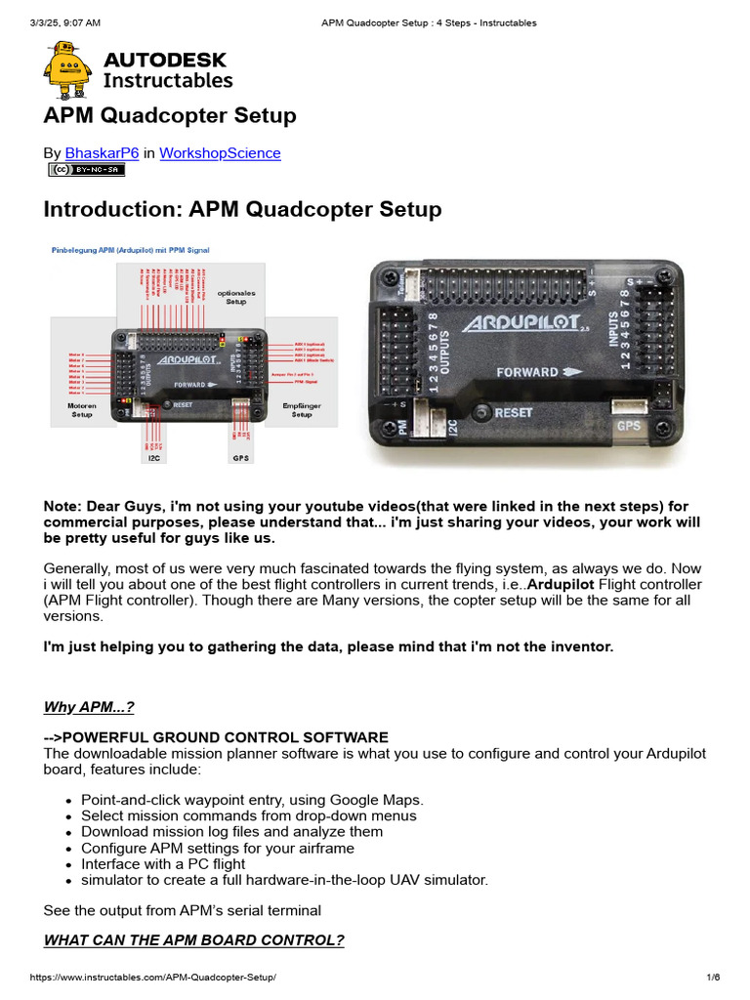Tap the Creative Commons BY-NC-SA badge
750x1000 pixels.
(x=87, y=170)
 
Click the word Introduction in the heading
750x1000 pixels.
(x=112, y=210)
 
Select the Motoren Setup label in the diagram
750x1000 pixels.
(x=82, y=409)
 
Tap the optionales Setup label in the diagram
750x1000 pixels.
(x=235, y=297)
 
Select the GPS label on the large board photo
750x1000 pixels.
(x=628, y=426)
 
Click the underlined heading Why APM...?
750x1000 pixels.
(x=89, y=707)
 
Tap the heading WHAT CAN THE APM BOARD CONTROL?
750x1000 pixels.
(x=193, y=940)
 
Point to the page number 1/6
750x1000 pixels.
(x=713, y=978)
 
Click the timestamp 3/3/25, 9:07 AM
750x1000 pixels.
(x=65, y=22)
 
